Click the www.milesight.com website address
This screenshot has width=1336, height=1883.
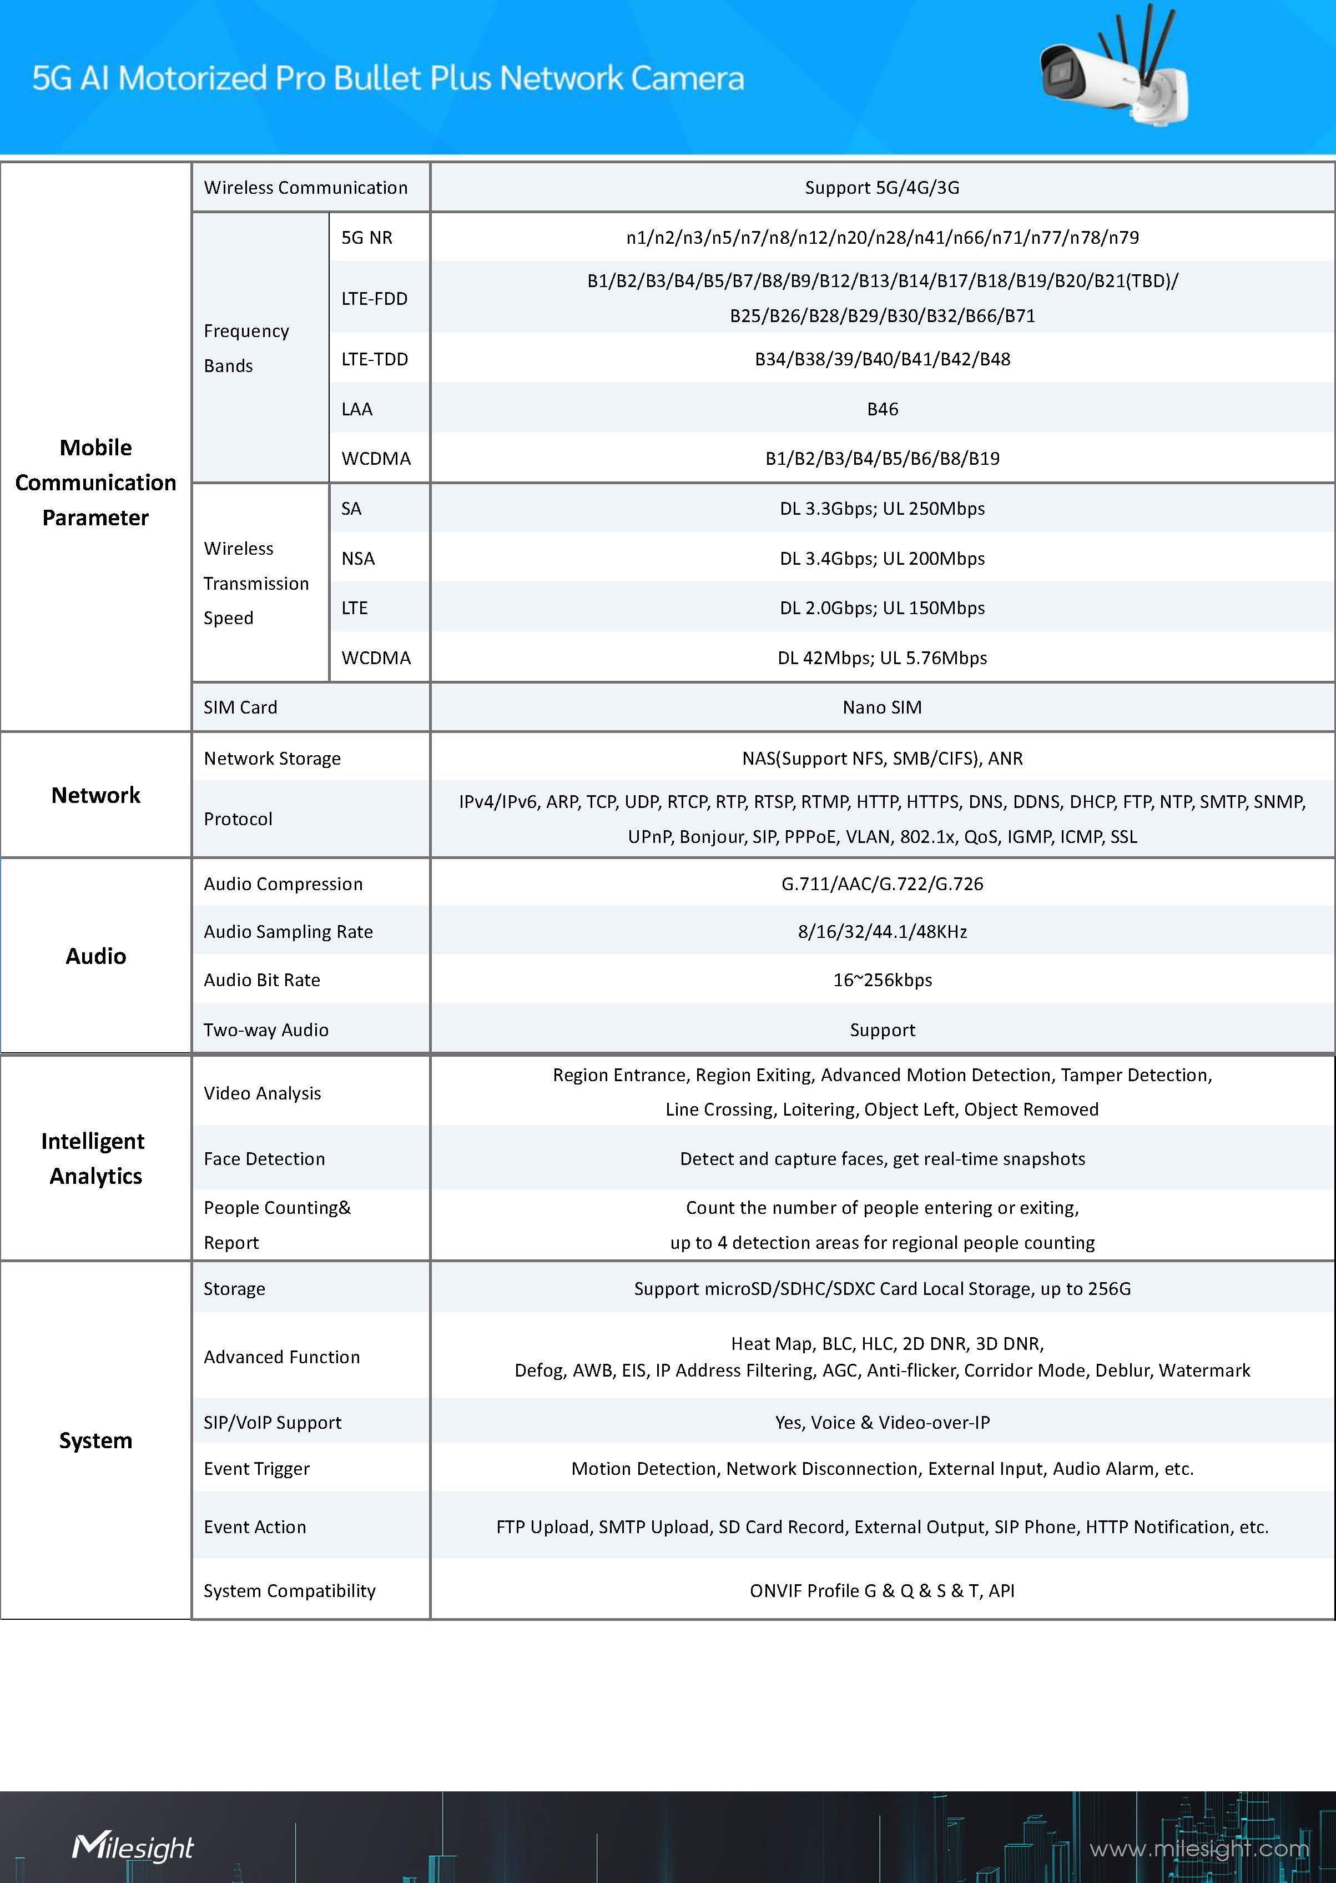pyautogui.click(x=1198, y=1849)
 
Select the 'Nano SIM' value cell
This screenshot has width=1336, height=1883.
pyautogui.click(x=882, y=707)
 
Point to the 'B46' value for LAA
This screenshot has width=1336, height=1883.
pyautogui.click(x=882, y=409)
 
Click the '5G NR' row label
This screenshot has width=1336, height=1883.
pyautogui.click(x=367, y=238)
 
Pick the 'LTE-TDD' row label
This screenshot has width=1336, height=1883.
pyautogui.click(x=374, y=359)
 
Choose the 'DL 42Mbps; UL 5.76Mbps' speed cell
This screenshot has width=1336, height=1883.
pyautogui.click(x=882, y=657)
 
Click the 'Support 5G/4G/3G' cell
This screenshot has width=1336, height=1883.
pyautogui.click(x=882, y=188)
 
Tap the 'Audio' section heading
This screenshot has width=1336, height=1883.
pyautogui.click(x=96, y=956)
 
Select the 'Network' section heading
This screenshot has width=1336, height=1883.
pyautogui.click(x=96, y=795)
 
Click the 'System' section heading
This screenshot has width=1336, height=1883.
pyautogui.click(x=96, y=1440)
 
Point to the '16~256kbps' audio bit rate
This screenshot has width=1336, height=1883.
pyautogui.click(x=882, y=980)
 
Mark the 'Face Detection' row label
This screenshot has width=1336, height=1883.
pyautogui.click(x=264, y=1159)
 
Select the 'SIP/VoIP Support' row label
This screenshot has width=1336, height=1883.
pyautogui.click(x=273, y=1422)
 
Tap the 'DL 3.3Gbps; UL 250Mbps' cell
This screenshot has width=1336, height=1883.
pyautogui.click(x=882, y=509)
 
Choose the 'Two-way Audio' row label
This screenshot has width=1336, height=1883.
pyautogui.click(x=266, y=1030)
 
